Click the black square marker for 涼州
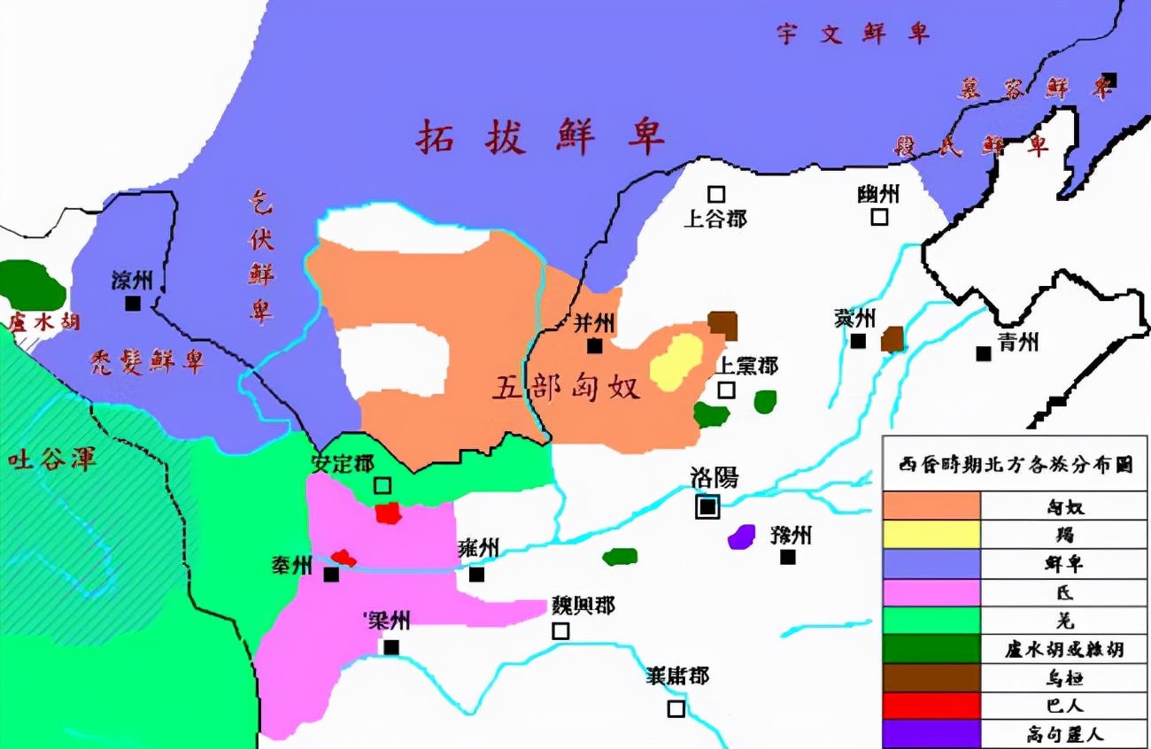click(133, 303)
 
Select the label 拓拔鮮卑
click(541, 137)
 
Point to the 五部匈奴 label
click(566, 388)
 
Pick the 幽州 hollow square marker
click(879, 216)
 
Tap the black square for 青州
click(983, 352)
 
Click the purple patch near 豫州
click(741, 537)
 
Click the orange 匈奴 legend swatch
click(931, 506)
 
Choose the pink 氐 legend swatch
click(931, 592)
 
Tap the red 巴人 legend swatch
click(931, 706)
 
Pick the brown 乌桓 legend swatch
click(931, 677)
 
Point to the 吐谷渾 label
click(51, 459)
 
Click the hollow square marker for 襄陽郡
click(676, 708)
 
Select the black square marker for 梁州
click(391, 647)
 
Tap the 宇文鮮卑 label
click(854, 34)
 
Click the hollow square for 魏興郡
click(560, 630)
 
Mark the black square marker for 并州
click(595, 345)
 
